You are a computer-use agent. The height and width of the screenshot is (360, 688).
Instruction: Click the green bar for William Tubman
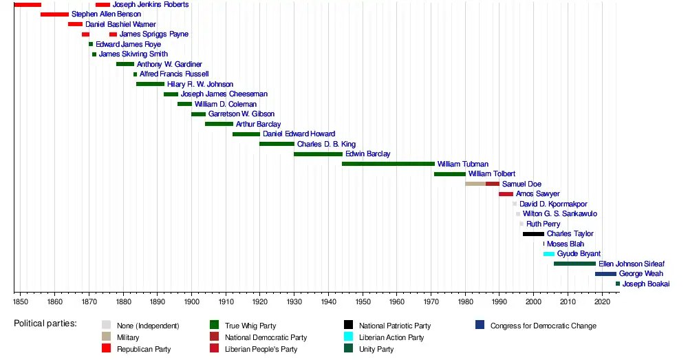coord(388,164)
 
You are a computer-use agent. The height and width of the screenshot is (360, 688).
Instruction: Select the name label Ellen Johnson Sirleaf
coord(632,264)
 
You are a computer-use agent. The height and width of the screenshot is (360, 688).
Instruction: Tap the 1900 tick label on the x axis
coord(191,301)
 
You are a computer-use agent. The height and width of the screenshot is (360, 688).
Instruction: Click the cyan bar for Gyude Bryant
coord(548,254)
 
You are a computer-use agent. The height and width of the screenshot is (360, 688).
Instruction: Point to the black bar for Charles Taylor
coord(533,234)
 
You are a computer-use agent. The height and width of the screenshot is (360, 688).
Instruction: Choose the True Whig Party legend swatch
coord(214,326)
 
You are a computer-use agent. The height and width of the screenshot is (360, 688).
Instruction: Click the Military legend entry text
coord(128,337)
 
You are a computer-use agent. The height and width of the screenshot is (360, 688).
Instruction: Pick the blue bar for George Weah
coord(605,274)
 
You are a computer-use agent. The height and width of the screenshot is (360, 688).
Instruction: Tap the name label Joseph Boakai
coord(645,284)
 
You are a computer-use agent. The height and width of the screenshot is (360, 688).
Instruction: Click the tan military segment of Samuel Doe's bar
coord(475,184)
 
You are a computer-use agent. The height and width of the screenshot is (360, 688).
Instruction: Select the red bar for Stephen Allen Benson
coord(54,14)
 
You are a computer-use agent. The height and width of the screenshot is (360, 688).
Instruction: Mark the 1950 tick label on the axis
coord(363,301)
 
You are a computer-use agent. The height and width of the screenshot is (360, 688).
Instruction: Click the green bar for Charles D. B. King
coord(277,144)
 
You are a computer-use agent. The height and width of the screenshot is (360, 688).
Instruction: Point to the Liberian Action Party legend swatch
coord(348,337)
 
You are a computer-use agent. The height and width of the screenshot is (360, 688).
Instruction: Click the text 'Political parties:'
coord(45,324)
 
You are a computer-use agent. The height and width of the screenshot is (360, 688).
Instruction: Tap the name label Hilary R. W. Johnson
coord(200,84)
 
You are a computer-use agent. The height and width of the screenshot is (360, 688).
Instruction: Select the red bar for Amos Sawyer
coord(506,194)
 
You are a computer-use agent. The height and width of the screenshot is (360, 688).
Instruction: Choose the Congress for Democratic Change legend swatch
coord(480,326)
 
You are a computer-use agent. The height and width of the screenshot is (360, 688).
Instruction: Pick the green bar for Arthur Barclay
coord(219,124)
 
